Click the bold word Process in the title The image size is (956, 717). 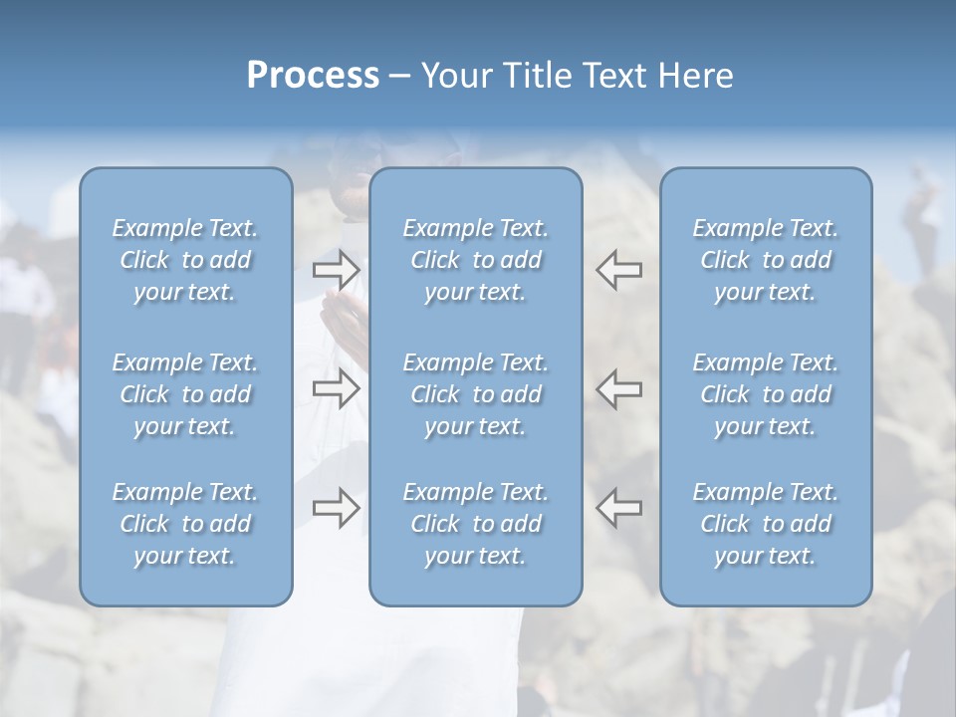(x=313, y=76)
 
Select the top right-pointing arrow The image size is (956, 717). (x=336, y=270)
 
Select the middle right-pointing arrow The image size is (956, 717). (x=336, y=389)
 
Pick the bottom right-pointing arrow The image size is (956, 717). (x=336, y=508)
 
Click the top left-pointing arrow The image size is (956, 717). (x=619, y=270)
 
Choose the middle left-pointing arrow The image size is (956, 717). (x=619, y=389)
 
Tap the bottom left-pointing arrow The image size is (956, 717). (x=619, y=508)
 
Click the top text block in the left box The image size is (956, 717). (x=185, y=260)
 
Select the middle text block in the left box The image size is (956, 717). (x=185, y=394)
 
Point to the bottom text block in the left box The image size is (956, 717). (x=185, y=524)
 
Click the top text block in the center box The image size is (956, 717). (x=475, y=260)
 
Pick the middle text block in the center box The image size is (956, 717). (x=475, y=394)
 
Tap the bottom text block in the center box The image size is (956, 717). (x=475, y=524)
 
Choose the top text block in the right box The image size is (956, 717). (x=765, y=260)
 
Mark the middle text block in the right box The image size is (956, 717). (x=765, y=394)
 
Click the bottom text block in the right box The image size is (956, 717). (x=765, y=524)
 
